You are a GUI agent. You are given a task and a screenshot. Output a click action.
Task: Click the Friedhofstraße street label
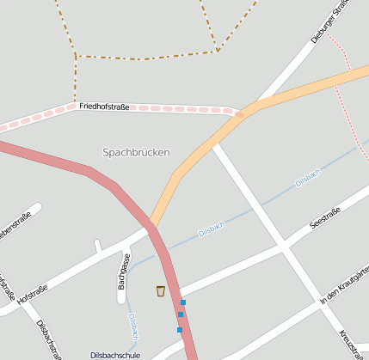pyautogui.click(x=104, y=107)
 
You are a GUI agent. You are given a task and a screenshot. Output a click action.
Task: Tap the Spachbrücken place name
pyautogui.click(x=136, y=152)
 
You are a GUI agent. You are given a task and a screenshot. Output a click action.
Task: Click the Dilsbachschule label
pyautogui.click(x=115, y=354)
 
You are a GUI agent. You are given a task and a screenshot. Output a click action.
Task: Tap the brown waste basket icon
pyautogui.click(x=161, y=290)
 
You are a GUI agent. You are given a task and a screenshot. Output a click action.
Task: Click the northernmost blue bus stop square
pyautogui.click(x=183, y=302)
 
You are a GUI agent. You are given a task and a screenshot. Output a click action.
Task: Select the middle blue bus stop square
pyautogui.click(x=181, y=314)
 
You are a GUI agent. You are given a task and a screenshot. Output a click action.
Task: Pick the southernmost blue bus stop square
pyautogui.click(x=179, y=329)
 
